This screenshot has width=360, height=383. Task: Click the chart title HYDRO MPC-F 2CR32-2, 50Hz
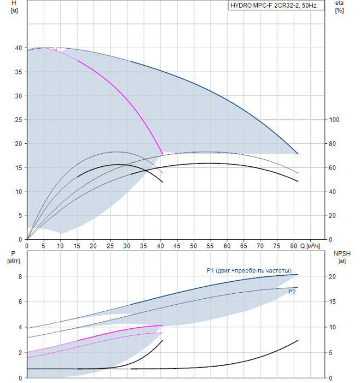tap(274, 5)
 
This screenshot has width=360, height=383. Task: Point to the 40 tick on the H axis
tap(18, 48)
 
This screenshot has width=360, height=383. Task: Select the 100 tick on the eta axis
tap(334, 120)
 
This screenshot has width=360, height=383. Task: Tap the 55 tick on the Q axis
tap(210, 246)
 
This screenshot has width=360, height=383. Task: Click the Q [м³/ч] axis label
tap(310, 246)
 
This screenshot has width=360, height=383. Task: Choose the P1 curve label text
tap(249, 270)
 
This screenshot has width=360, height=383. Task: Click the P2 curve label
tap(292, 292)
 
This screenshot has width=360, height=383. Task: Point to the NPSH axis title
tap(342, 257)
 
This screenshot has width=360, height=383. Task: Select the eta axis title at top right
tap(339, 7)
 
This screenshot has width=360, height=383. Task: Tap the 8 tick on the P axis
tap(20, 276)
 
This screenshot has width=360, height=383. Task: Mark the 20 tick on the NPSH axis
tap(333, 276)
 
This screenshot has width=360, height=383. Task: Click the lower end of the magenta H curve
tap(162, 154)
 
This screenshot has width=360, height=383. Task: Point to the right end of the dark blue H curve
tap(298, 154)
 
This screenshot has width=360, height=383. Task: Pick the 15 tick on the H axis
tap(18, 168)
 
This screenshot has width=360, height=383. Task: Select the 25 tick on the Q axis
tap(110, 246)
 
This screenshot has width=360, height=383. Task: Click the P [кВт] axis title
tap(14, 257)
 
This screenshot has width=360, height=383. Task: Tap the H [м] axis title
tap(14, 7)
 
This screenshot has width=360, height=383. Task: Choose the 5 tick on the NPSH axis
tap(330, 353)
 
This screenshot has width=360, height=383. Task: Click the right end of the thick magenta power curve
tap(162, 326)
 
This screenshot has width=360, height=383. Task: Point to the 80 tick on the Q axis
tap(293, 246)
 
